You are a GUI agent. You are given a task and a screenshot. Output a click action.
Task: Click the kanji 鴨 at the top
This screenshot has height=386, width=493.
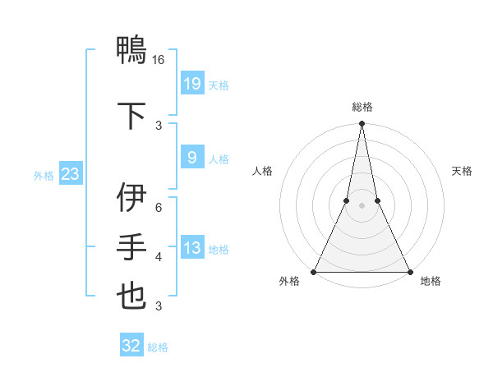[131, 51]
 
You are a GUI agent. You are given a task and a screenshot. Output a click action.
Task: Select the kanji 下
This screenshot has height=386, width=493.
[131, 114]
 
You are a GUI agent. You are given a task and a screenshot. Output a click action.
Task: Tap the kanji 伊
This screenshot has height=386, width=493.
[131, 198]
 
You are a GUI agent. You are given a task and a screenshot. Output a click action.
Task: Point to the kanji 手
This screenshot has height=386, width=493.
[131, 246]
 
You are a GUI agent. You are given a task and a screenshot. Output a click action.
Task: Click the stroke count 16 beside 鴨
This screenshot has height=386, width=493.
[159, 61]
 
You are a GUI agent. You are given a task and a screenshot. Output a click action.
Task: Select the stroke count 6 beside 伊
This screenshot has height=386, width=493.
[159, 207]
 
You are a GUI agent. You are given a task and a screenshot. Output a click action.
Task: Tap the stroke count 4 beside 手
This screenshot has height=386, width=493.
[159, 257]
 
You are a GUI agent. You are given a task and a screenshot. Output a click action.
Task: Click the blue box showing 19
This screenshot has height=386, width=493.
[191, 84]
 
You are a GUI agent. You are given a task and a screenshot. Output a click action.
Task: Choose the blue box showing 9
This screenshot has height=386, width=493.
[191, 158]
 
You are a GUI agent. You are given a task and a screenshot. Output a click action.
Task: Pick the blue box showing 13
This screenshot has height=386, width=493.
[191, 248]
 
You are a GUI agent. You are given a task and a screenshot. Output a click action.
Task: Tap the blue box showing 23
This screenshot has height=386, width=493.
[70, 174]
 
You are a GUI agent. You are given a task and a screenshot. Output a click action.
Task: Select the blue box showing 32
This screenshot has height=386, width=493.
[131, 346]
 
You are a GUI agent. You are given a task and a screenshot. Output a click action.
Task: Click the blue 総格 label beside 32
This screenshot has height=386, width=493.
[158, 347]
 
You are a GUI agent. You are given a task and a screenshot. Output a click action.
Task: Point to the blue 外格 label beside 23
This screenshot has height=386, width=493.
[44, 175]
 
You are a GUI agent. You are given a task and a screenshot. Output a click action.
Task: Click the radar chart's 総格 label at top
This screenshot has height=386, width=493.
[362, 107]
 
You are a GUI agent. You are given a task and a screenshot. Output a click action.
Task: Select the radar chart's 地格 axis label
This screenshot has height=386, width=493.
[431, 282]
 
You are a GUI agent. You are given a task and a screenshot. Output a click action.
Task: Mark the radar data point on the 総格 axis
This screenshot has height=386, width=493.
[362, 124]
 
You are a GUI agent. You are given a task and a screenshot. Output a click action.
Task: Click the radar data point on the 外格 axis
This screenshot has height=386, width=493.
[314, 272]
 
